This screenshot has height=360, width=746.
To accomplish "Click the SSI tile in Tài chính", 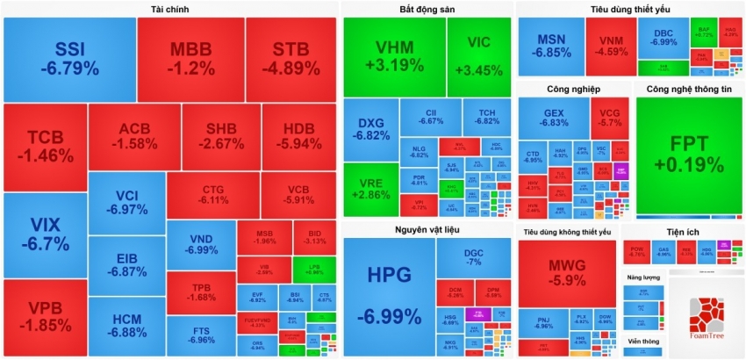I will point(69,58).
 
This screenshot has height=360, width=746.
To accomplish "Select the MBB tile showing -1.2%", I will point(190,58).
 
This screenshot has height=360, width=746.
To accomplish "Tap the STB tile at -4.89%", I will point(290,58).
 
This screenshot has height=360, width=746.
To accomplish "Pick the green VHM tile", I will point(394,55).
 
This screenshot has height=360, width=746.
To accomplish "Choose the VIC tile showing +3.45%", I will point(479,55).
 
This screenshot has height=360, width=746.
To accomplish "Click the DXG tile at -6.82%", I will point(371,129).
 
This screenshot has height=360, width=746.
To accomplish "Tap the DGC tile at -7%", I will point(474,257).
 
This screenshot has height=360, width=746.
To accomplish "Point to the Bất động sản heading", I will point(426,9).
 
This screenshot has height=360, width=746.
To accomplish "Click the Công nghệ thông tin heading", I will point(688,89).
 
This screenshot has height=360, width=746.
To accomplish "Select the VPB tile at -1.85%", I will point(45,318).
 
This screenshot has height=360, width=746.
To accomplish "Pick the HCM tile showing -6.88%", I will point(126,326).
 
